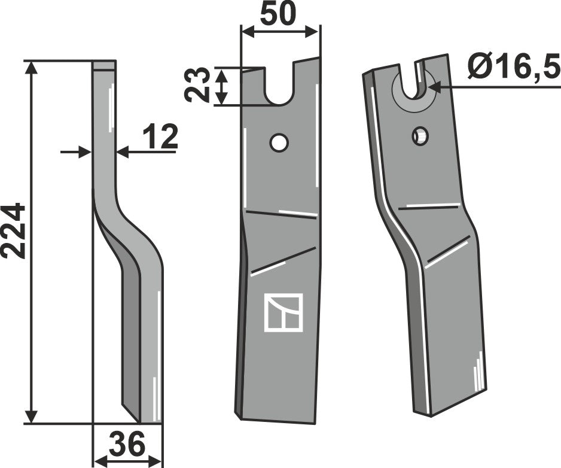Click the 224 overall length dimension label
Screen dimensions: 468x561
[15, 231]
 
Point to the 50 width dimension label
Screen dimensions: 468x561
[279, 14]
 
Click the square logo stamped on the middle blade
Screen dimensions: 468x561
[283, 312]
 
